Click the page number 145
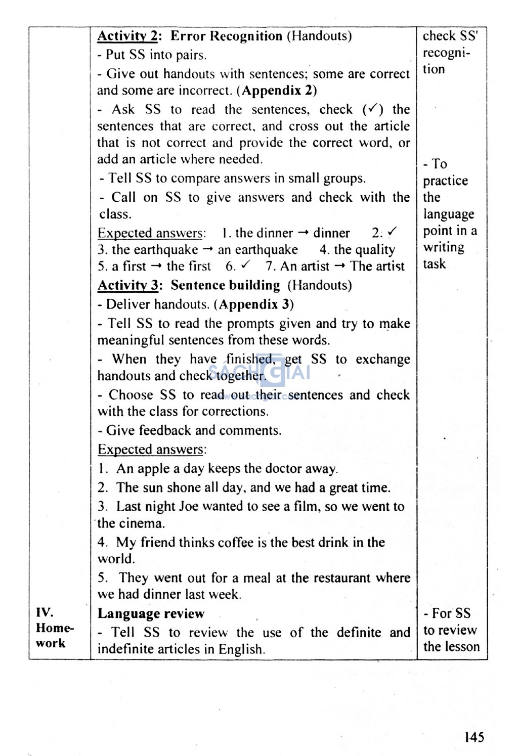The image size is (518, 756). pos(474,737)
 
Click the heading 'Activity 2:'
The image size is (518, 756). pos(129,36)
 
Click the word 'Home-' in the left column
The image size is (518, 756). pos(55,628)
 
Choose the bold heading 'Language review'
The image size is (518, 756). pos(151,614)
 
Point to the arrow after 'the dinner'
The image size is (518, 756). pos(303,233)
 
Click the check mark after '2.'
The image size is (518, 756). pos(392,232)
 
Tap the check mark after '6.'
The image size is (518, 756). pos(246,265)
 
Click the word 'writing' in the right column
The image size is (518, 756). pos(444,247)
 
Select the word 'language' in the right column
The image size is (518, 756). pos(449,214)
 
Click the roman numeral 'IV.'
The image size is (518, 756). pos(45,613)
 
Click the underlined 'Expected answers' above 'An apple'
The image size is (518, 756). pos(151,450)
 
